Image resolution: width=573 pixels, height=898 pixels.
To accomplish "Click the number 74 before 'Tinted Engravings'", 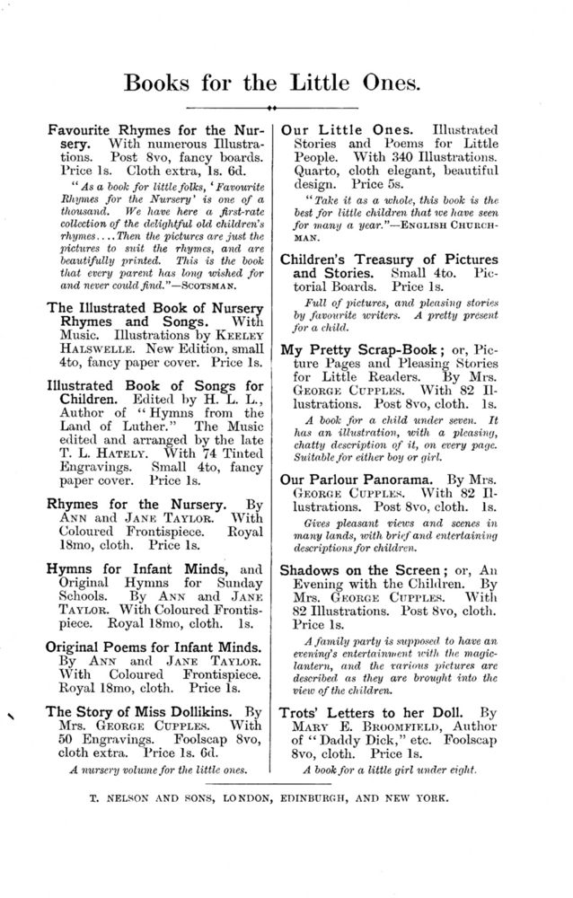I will tap(195, 453).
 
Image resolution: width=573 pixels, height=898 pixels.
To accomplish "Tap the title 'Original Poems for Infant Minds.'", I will tap(154, 647).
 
